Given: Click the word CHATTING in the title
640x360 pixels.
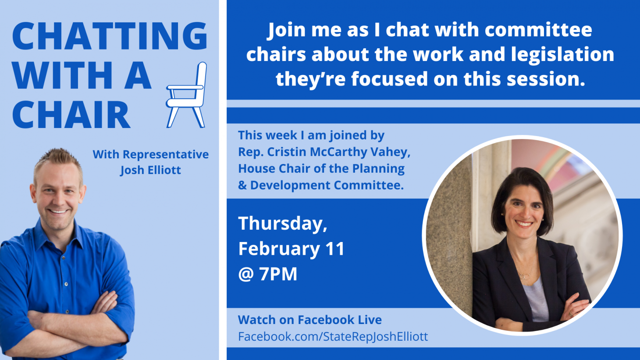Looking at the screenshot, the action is click(x=110, y=36).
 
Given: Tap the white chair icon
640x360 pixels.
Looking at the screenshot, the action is click(x=186, y=95).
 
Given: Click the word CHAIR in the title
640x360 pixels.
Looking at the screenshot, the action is click(x=71, y=114).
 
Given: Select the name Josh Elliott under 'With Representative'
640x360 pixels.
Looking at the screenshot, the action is click(x=150, y=170).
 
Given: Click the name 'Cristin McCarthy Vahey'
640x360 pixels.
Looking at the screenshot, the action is click(x=338, y=152).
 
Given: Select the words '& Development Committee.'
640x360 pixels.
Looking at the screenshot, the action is click(x=321, y=185).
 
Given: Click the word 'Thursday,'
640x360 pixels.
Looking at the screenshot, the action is click(x=283, y=224).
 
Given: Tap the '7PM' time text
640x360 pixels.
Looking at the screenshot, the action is click(x=278, y=274).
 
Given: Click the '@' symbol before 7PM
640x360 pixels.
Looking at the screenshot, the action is click(x=246, y=274).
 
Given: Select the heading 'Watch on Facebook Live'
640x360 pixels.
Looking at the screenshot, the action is click(x=310, y=320).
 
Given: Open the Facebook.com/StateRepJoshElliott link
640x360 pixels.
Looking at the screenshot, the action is click(x=333, y=337).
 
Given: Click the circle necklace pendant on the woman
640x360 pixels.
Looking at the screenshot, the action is click(x=525, y=276).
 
